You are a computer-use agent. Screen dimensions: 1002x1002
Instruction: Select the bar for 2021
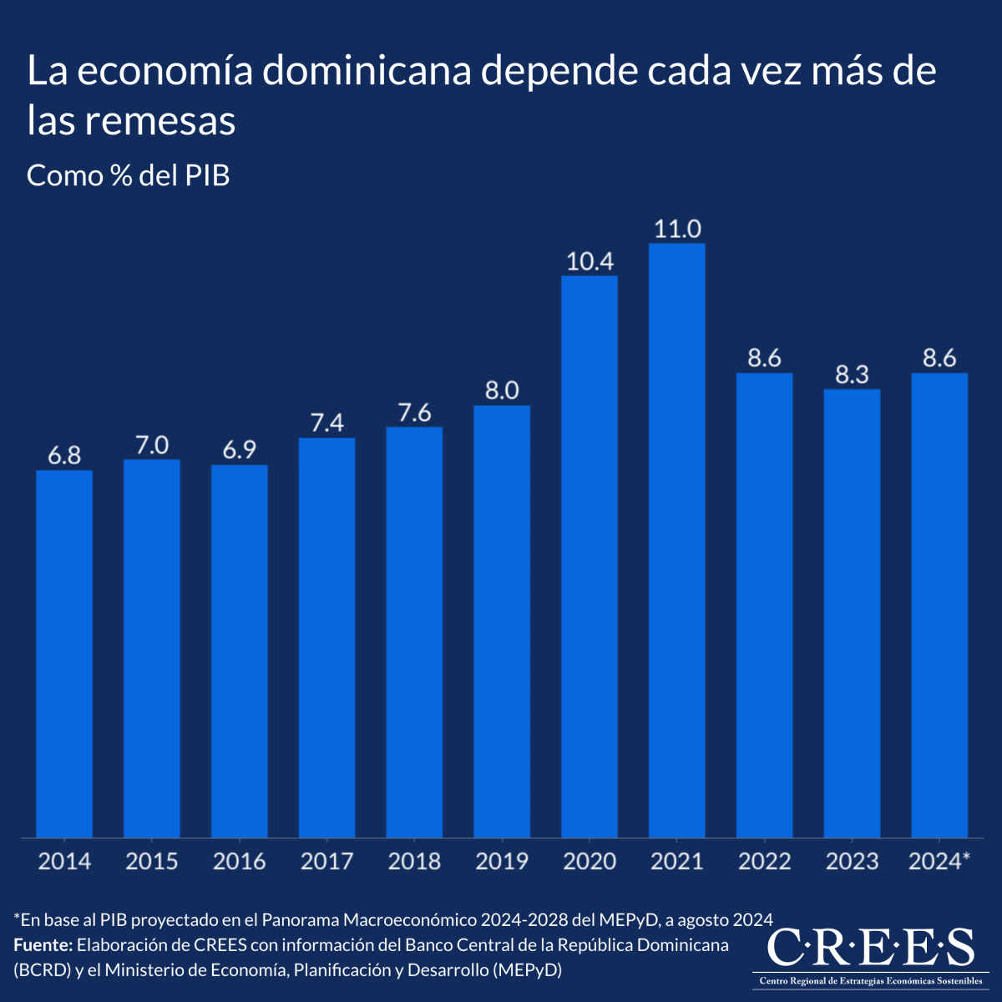tap(676, 540)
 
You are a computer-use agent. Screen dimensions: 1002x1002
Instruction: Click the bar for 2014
tap(64, 654)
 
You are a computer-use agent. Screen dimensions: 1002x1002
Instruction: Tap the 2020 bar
tap(590, 556)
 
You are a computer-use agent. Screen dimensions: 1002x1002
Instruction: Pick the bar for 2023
tap(852, 613)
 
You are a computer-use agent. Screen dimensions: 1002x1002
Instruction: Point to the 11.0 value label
tap(677, 229)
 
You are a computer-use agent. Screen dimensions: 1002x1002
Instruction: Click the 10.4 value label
tap(590, 261)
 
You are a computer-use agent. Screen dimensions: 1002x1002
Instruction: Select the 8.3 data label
tap(852, 374)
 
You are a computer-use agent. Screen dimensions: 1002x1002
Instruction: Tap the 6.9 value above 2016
tap(239, 450)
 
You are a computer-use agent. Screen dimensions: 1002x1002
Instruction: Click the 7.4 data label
tap(327, 423)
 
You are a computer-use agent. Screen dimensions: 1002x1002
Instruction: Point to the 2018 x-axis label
tap(414, 861)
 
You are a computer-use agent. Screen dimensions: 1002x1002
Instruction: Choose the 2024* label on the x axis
tap(939, 861)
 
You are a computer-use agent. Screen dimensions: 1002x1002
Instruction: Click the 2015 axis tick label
tap(151, 861)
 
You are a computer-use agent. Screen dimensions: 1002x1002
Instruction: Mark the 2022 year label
tap(764, 861)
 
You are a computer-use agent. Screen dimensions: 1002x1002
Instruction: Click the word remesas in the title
tap(160, 120)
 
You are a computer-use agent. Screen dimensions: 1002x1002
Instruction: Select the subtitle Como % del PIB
tap(128, 175)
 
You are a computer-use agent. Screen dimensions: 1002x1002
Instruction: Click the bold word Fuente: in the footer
tap(43, 944)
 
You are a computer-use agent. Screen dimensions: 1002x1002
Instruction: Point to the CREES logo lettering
tap(870, 947)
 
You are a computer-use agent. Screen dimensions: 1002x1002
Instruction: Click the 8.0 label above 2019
tap(502, 391)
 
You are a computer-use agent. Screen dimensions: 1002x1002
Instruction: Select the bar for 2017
tap(327, 637)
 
